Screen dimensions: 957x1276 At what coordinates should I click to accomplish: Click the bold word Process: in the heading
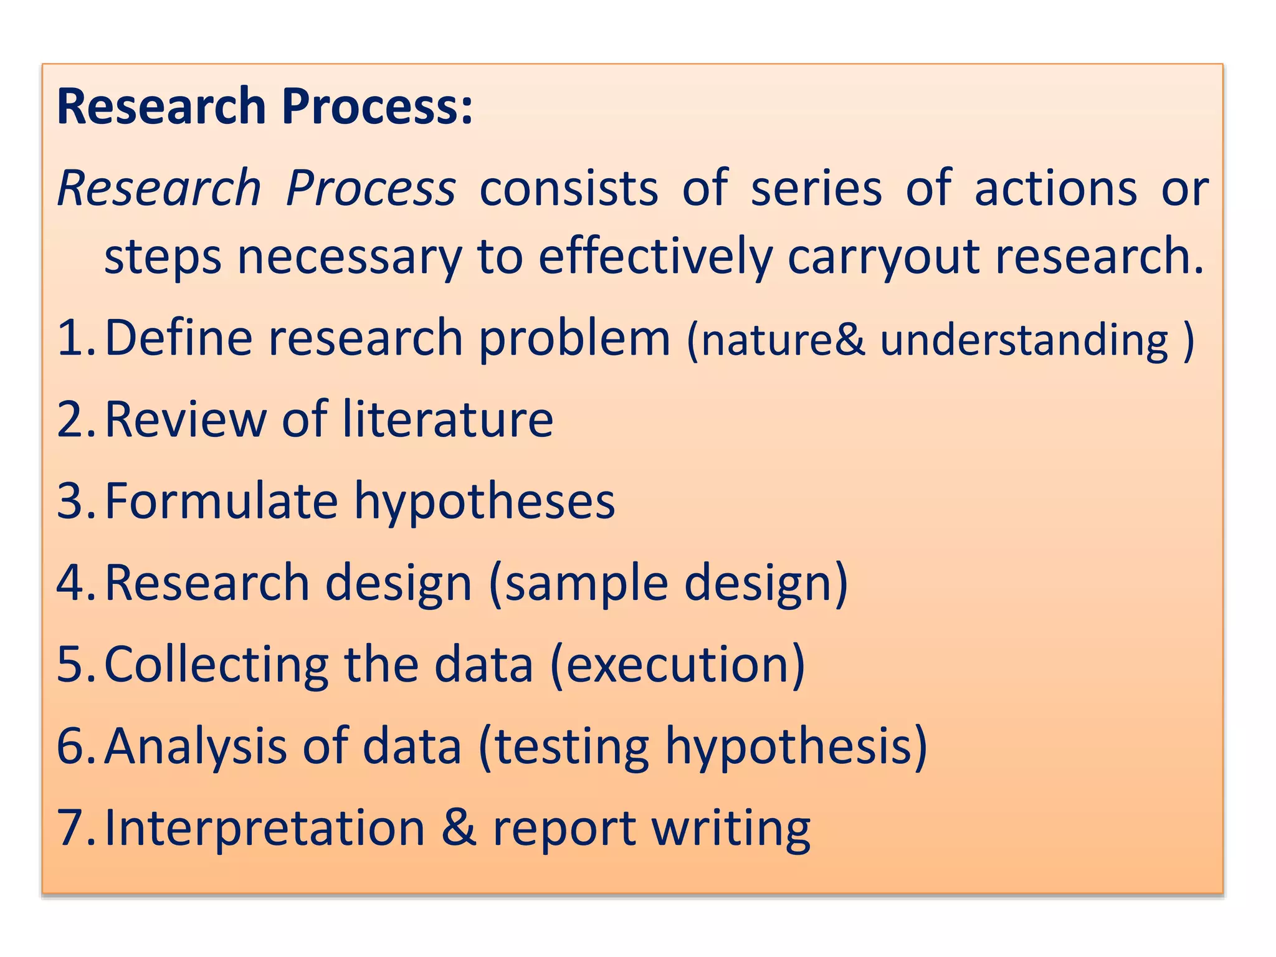coord(377,107)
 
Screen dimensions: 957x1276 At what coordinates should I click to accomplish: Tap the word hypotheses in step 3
coord(484,502)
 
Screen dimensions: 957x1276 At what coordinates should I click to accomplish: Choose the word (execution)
coord(677,664)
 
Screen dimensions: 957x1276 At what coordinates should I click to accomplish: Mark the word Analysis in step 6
coord(195,746)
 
